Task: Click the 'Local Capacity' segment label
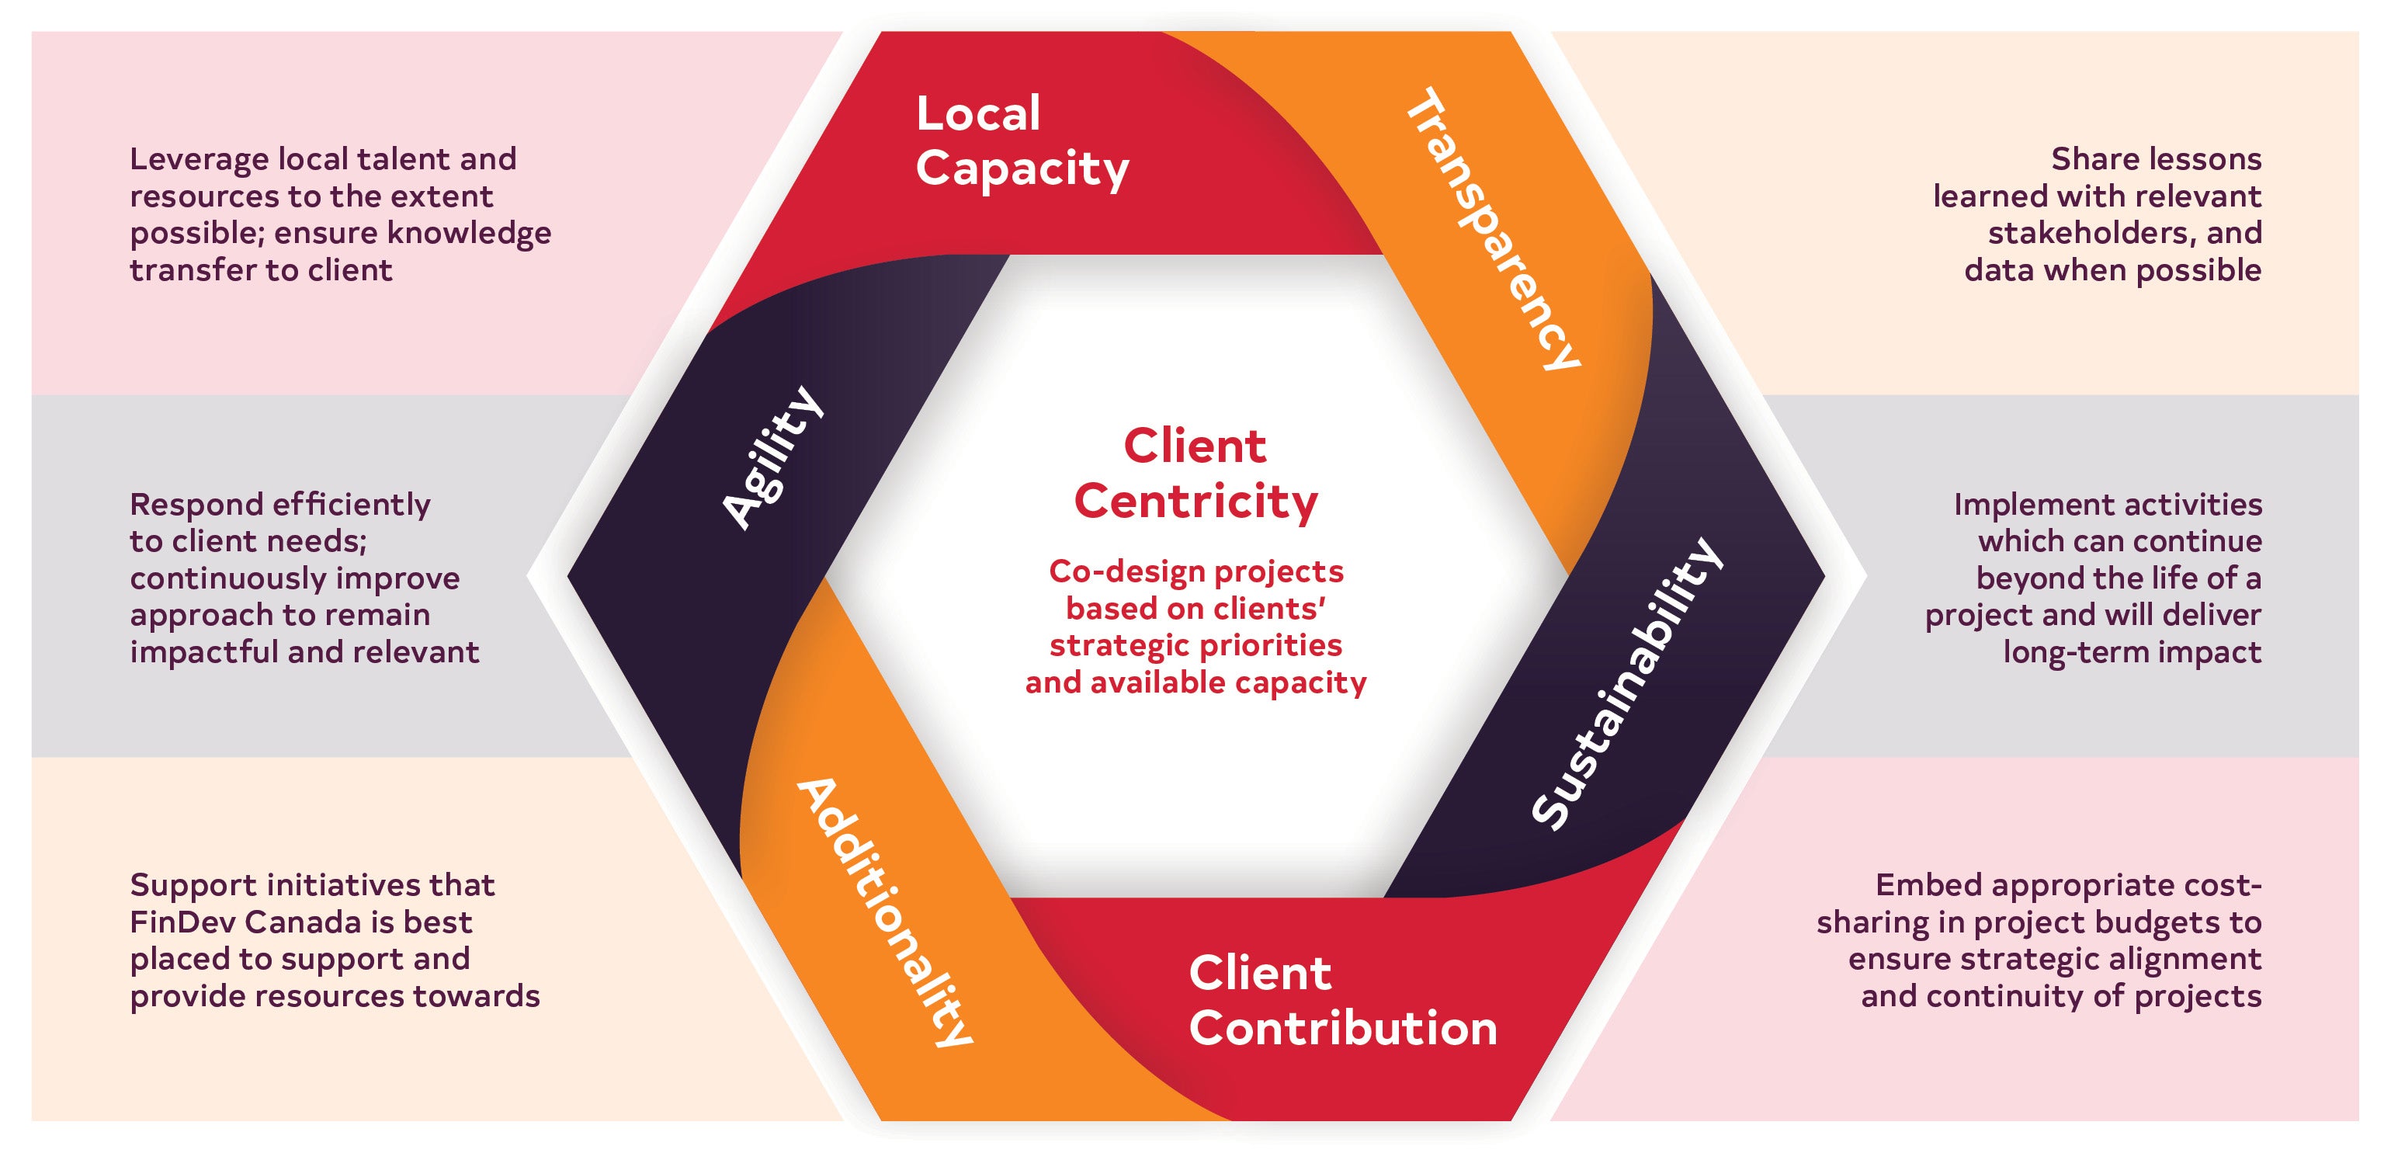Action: (1021, 141)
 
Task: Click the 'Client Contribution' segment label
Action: (1342, 1001)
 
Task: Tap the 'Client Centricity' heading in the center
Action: (1195, 474)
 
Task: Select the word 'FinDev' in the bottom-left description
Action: (184, 922)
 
